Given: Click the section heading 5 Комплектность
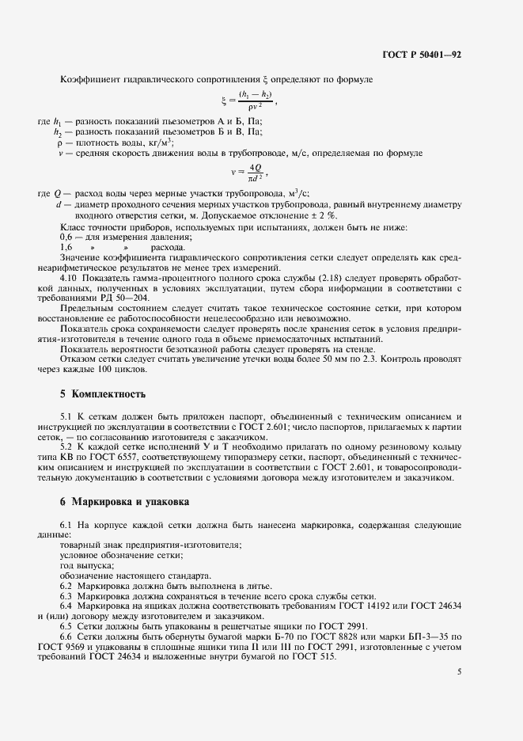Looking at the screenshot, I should point(103,393).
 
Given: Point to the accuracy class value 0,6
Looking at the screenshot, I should point(68,237).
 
